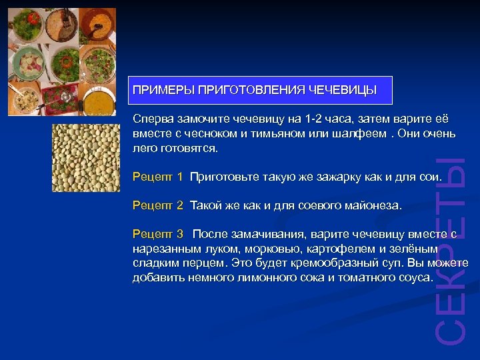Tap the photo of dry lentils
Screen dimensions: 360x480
point(86,158)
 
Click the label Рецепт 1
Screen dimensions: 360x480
point(157,177)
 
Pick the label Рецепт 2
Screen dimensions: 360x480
point(157,206)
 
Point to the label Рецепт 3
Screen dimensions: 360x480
point(157,234)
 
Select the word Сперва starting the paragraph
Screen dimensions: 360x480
point(153,119)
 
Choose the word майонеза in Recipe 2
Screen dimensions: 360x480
point(374,206)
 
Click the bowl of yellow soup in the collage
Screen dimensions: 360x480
point(98,99)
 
